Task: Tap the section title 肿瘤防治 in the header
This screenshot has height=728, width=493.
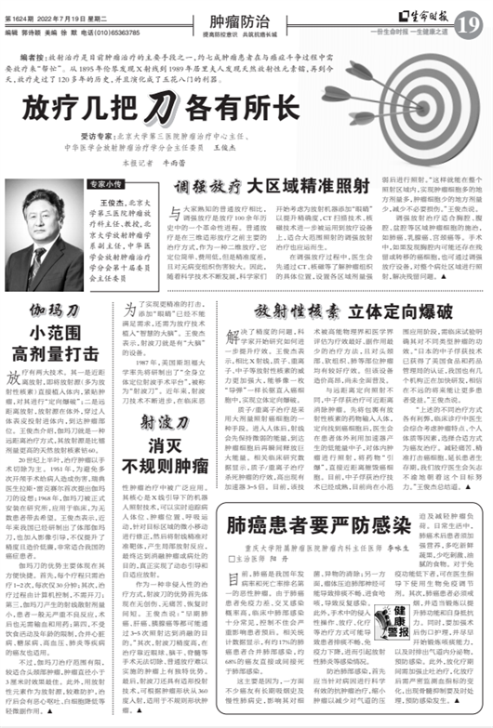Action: coord(246,12)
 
